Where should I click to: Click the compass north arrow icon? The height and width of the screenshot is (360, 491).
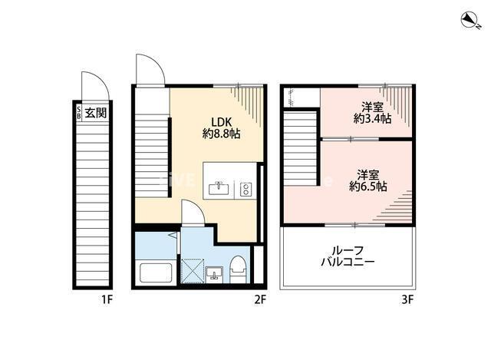tap(470, 18)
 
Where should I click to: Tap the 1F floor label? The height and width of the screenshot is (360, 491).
tap(106, 300)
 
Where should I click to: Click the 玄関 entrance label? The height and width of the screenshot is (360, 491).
tap(96, 113)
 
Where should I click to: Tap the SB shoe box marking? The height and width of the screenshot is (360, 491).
tap(78, 113)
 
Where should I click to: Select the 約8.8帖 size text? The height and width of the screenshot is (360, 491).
tap(222, 134)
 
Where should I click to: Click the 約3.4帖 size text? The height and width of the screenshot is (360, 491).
tap(373, 119)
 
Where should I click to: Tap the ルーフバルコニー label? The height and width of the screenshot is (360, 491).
tap(348, 256)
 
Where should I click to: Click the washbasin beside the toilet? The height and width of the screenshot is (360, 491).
tap(214, 273)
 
